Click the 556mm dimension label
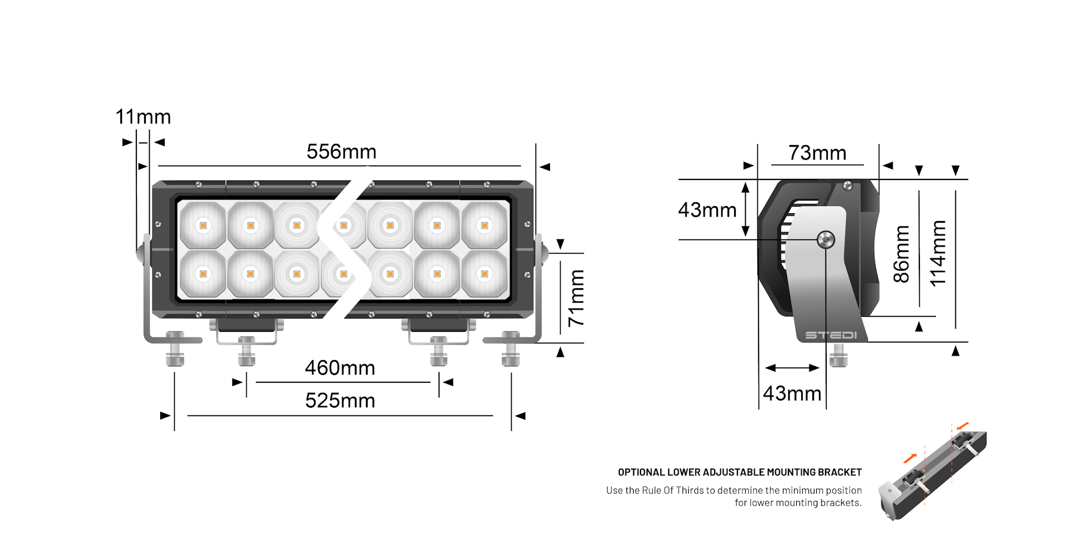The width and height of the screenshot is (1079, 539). click(x=341, y=152)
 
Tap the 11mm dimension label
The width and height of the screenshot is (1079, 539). click(x=143, y=117)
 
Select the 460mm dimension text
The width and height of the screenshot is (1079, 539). click(x=340, y=368)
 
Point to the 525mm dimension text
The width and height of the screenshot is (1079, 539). click(x=340, y=401)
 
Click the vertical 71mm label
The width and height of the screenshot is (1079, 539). click(x=576, y=298)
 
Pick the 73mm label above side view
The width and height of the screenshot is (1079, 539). click(x=817, y=153)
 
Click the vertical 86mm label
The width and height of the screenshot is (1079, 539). click(x=902, y=254)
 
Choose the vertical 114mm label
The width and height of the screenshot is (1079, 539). click(x=938, y=254)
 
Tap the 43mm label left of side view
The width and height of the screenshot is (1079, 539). click(x=707, y=210)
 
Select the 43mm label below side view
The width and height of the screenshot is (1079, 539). click(x=792, y=393)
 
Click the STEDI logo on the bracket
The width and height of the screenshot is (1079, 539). click(x=831, y=335)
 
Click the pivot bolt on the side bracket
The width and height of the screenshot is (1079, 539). click(x=826, y=239)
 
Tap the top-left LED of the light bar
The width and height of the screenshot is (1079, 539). click(x=203, y=225)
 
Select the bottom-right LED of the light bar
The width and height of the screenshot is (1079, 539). click(x=485, y=274)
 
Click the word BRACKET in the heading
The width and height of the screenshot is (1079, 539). click(x=840, y=472)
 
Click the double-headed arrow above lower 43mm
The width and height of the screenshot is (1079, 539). click(x=792, y=368)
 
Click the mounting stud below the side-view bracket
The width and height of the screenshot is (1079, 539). click(x=838, y=355)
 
